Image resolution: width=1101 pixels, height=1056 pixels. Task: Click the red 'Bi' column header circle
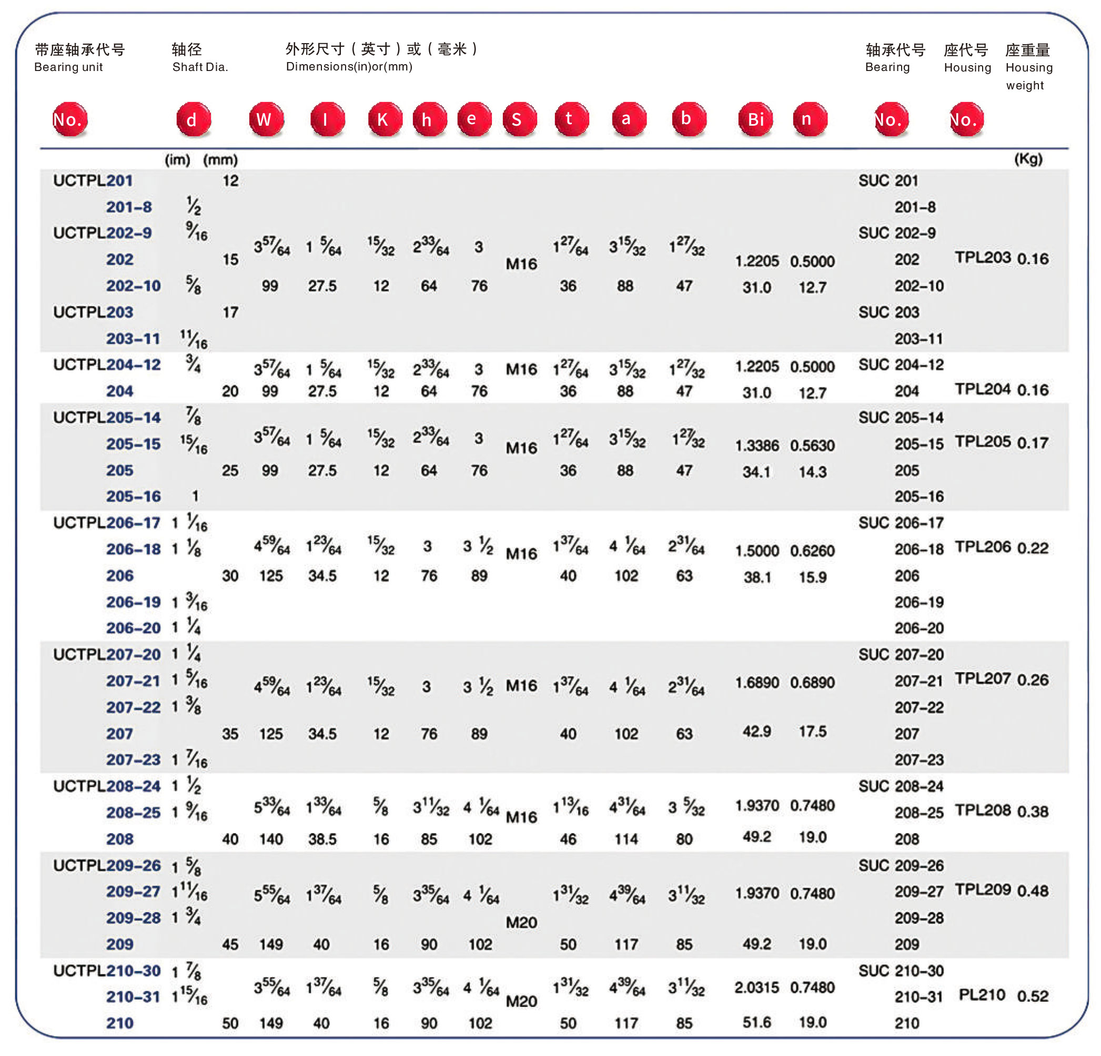[x=755, y=119]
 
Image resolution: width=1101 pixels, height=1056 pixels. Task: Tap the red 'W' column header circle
[x=266, y=119]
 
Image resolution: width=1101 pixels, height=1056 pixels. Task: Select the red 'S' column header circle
[x=519, y=119]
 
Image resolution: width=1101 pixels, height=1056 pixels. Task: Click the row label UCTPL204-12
[x=107, y=364]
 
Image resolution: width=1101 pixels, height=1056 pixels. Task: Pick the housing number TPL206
[x=983, y=547]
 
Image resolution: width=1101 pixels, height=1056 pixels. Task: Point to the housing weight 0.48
[x=1033, y=891]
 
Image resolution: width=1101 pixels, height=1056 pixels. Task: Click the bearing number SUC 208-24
[x=901, y=786]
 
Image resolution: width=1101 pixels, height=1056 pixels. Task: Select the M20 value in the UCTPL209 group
[x=521, y=922]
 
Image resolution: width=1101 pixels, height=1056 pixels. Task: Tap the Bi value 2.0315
[x=756, y=988]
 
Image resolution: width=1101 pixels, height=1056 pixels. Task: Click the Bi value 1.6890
[x=756, y=683]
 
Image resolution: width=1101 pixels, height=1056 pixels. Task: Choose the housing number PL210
[x=982, y=995]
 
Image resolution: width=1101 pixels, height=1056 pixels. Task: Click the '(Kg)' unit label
[x=1028, y=159]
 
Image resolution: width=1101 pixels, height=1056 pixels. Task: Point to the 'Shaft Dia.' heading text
[x=200, y=67]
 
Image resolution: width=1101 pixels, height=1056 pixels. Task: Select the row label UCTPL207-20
[x=107, y=654]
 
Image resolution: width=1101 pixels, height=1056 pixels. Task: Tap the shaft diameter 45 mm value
[x=230, y=944]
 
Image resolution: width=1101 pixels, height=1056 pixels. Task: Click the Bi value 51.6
[x=756, y=1022]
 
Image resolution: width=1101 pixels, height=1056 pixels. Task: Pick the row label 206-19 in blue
[x=133, y=602]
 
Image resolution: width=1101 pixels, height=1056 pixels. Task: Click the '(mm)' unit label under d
[x=220, y=160]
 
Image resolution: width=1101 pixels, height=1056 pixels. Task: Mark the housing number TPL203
[x=983, y=258]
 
